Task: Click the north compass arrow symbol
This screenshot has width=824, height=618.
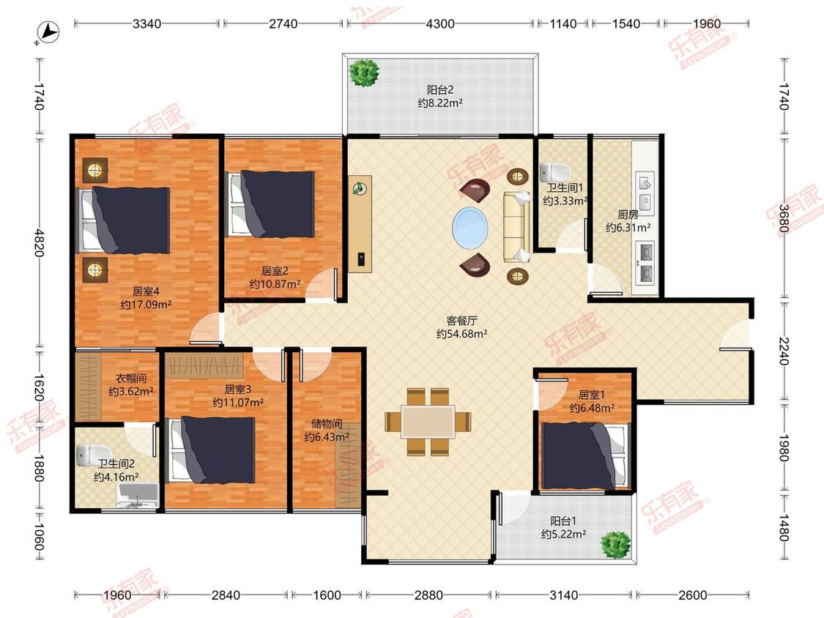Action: click(x=49, y=32)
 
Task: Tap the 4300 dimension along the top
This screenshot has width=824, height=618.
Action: click(x=440, y=23)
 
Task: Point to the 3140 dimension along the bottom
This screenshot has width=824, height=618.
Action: click(x=563, y=595)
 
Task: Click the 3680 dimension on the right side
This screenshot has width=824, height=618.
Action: click(x=784, y=218)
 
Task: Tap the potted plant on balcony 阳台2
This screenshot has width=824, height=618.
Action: click(x=365, y=72)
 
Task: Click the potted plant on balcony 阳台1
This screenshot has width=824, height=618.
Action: click(x=616, y=545)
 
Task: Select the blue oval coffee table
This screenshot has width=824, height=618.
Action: click(x=470, y=228)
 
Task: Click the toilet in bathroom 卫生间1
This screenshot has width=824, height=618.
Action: click(x=555, y=171)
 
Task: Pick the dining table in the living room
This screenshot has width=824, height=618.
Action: click(x=428, y=422)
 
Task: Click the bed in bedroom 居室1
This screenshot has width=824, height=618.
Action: click(x=585, y=455)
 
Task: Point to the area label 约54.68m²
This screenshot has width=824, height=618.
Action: click(x=462, y=334)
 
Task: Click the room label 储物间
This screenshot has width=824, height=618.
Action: click(x=327, y=423)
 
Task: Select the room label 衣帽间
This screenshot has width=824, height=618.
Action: click(x=131, y=378)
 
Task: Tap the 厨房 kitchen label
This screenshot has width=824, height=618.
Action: click(x=628, y=215)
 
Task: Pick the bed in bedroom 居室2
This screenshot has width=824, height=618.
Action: click(x=271, y=204)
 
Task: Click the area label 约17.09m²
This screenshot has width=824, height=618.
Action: click(x=146, y=305)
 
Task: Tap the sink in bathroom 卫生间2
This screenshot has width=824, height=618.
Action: click(x=138, y=496)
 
